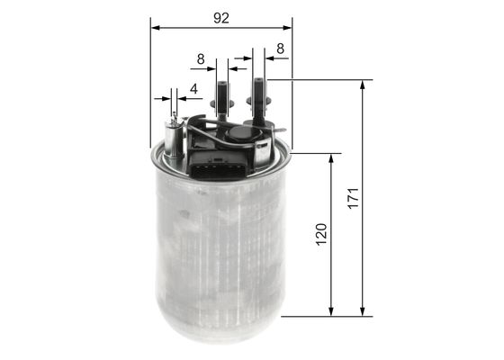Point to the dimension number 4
click(193, 89)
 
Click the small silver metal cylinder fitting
click(174, 140)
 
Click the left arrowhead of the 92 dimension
click(154, 27)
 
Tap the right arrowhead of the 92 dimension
click(287, 27)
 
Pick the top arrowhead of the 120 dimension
click(333, 158)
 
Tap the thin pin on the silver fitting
click(174, 117)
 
